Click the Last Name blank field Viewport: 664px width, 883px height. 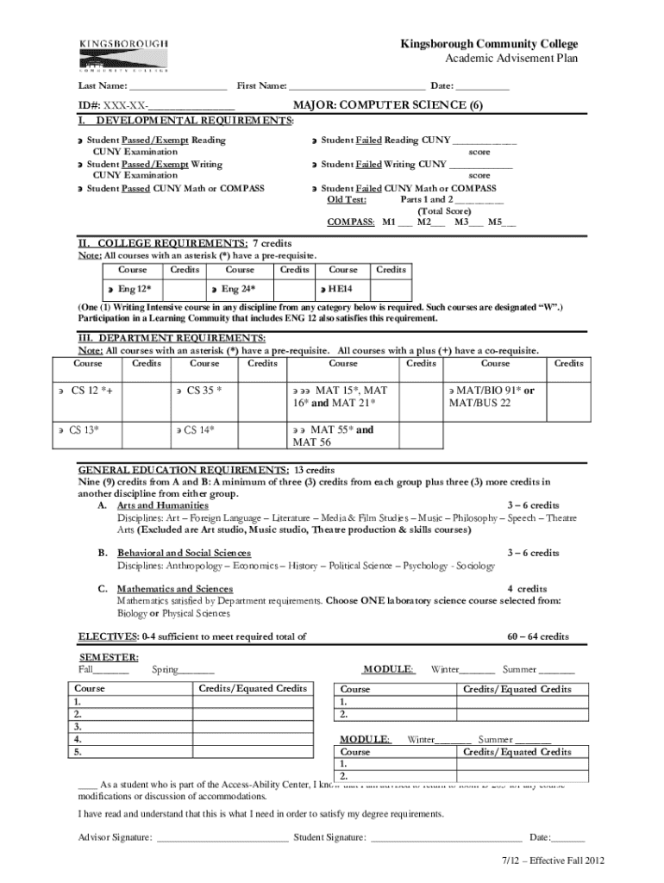[179, 86]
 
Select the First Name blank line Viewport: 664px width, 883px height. [357, 86]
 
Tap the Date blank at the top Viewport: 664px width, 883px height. [482, 86]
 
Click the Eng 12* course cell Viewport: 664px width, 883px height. [135, 289]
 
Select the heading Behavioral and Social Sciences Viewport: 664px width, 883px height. [185, 553]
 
